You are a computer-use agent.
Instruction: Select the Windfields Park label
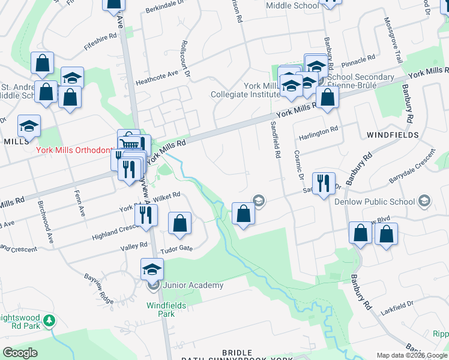click(x=160, y=309)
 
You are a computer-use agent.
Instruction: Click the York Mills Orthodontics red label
click(x=76, y=150)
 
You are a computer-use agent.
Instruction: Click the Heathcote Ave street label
click(x=157, y=74)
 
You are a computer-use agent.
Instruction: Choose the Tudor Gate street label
click(x=179, y=248)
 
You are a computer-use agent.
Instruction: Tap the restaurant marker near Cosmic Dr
click(x=324, y=183)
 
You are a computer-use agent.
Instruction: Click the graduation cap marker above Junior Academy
click(x=152, y=269)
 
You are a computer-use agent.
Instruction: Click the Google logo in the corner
click(x=20, y=353)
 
